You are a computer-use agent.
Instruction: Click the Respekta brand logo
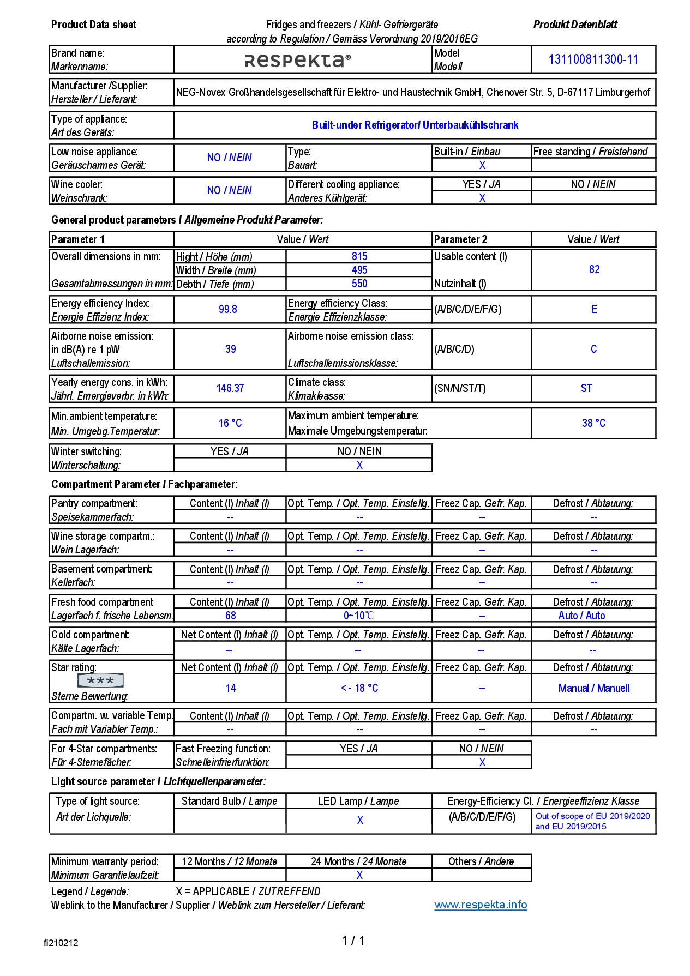[298, 60]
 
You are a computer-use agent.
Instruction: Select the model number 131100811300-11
[593, 59]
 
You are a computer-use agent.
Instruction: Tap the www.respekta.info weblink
[481, 905]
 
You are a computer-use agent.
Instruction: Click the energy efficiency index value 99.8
[228, 310]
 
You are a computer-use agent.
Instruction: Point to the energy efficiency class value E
[594, 310]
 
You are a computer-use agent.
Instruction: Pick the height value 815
[359, 256]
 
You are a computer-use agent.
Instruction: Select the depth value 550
[359, 284]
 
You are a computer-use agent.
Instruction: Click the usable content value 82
[594, 269]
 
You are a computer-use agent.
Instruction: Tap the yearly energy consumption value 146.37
[230, 388]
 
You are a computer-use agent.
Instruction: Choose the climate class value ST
[586, 388]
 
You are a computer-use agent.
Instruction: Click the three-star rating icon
[101, 680]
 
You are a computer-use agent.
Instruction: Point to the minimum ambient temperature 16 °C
[230, 423]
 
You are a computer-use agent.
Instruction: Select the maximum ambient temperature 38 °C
[593, 423]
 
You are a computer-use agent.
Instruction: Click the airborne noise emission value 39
[231, 349]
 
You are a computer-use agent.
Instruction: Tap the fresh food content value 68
[231, 616]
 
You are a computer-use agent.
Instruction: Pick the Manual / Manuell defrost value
[593, 688]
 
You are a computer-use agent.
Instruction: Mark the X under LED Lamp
[360, 820]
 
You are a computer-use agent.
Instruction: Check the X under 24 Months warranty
[359, 875]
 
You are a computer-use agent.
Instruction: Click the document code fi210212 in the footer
[61, 943]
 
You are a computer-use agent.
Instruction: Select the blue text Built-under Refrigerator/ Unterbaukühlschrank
[415, 125]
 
